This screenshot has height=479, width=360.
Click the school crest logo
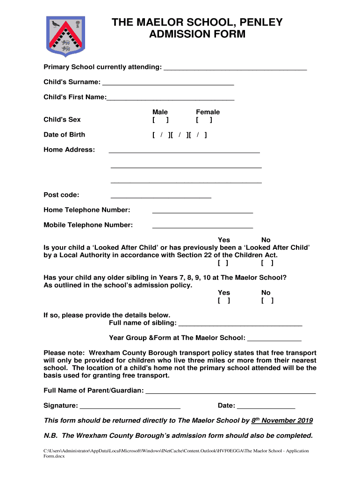[65, 35]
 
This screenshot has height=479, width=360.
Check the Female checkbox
[204, 120]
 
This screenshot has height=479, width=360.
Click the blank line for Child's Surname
[168, 84]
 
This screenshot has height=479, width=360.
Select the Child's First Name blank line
[170, 99]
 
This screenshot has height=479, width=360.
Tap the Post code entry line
[161, 196]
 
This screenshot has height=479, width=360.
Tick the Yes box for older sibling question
[224, 301]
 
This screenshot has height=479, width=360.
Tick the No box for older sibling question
[267, 301]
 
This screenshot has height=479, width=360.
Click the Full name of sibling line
[240, 324]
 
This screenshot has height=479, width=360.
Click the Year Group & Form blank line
[274, 339]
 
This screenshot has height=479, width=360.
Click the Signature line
[130, 407]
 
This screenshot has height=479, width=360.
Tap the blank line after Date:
[266, 407]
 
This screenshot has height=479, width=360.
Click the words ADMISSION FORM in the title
[196, 34]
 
